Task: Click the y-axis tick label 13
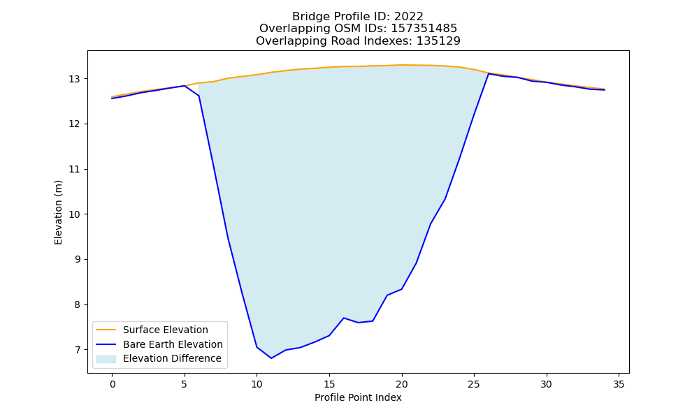tap(74, 79)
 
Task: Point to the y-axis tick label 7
tap(77, 350)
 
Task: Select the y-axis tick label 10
tap(74, 214)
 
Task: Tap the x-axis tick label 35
tap(619, 384)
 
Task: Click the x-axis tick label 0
tap(113, 384)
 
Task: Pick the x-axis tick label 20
tap(402, 384)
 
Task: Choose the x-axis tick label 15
tap(329, 384)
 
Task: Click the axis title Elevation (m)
tap(58, 212)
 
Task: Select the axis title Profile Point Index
tap(358, 397)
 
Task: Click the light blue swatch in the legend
tap(106, 359)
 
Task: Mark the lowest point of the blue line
tap(271, 358)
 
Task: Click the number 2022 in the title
tap(408, 17)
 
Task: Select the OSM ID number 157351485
tap(424, 29)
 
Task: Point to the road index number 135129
tap(438, 41)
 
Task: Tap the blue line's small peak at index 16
tap(344, 318)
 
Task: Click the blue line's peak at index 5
tap(185, 85)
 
